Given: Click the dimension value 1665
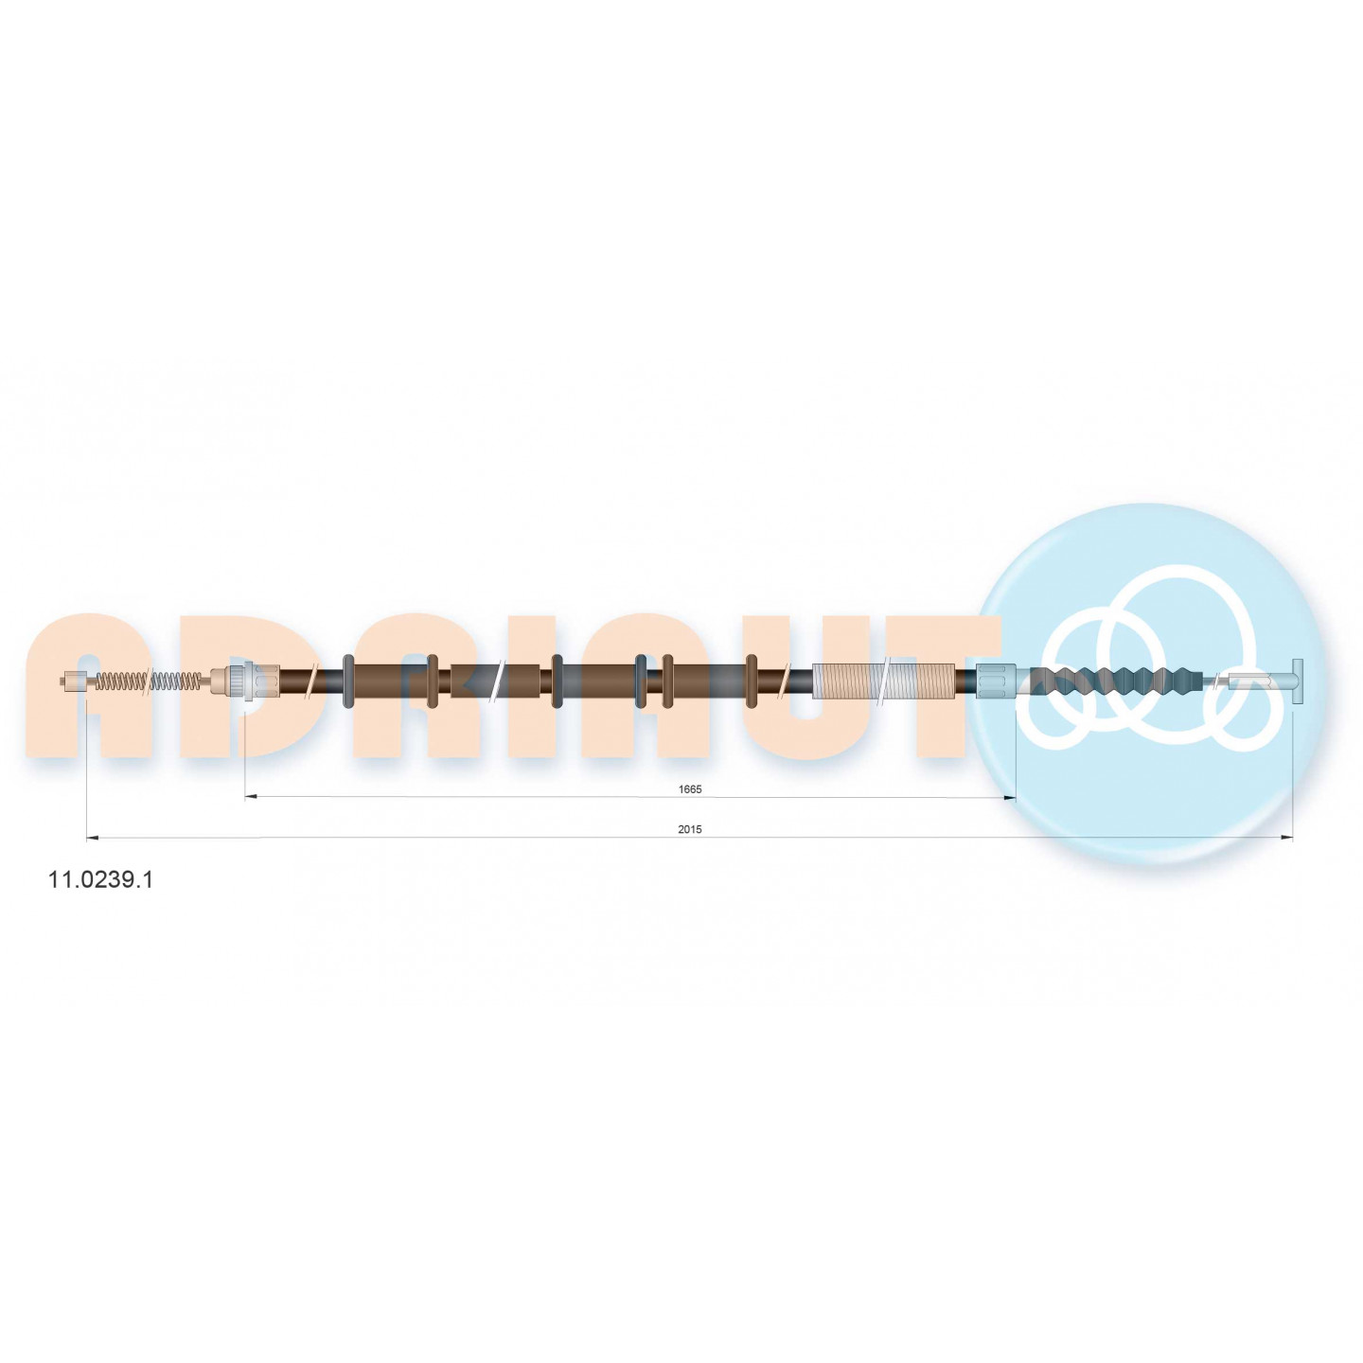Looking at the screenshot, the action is point(689,789).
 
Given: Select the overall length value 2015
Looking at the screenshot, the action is point(689,830).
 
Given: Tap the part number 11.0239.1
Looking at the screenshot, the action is point(99,881).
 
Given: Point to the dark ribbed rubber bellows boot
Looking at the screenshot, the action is point(1116,681).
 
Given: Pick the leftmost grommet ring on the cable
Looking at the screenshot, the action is point(348,681).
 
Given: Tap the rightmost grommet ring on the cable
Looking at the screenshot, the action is point(752,681).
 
